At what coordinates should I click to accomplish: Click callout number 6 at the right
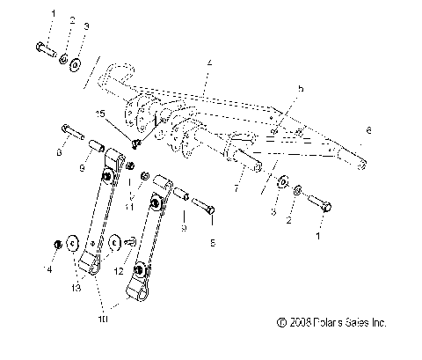point(368,130)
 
